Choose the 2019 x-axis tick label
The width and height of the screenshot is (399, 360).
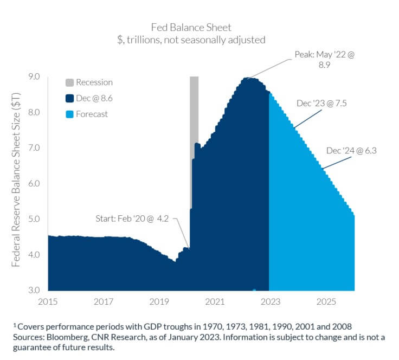pos(158,300)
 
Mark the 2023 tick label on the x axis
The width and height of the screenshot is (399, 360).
pos(269,300)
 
